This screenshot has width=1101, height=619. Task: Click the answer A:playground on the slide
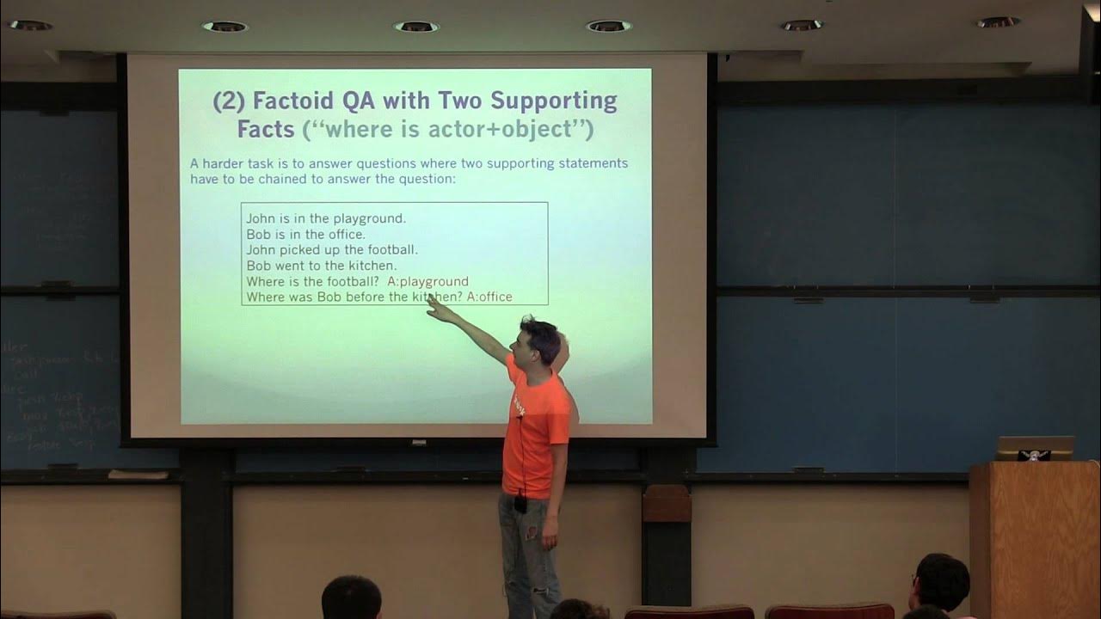click(427, 281)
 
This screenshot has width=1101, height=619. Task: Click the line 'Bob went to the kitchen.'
click(321, 266)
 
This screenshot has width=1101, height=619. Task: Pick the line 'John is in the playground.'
click(326, 218)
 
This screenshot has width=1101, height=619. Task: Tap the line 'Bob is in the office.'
click(305, 234)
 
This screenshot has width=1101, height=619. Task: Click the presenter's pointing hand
click(439, 309)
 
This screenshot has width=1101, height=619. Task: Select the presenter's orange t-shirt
click(538, 430)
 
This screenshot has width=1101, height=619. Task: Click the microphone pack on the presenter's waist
click(520, 504)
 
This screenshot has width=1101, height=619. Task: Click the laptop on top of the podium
click(1035, 448)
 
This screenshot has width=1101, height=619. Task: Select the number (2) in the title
click(228, 101)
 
